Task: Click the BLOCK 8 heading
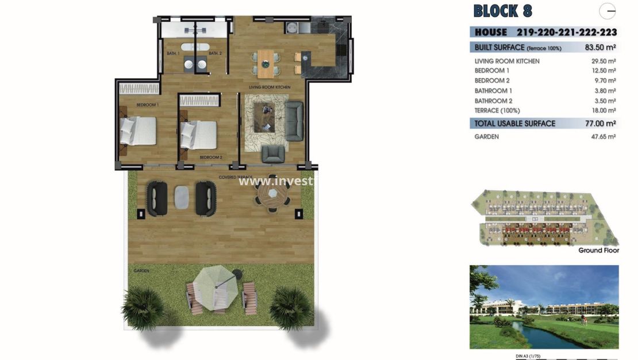pos(503,11)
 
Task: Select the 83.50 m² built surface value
pos(601,47)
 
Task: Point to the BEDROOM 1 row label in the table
pos(492,71)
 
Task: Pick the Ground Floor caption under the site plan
pos(598,250)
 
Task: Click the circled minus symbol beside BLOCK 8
pos(608,11)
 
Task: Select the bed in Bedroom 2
pos(199,135)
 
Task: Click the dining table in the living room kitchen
pos(266,63)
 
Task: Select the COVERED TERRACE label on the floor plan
pos(236,177)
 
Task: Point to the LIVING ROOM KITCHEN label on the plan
pos(269,87)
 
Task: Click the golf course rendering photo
pos(544,307)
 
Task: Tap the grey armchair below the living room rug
pos(273,154)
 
